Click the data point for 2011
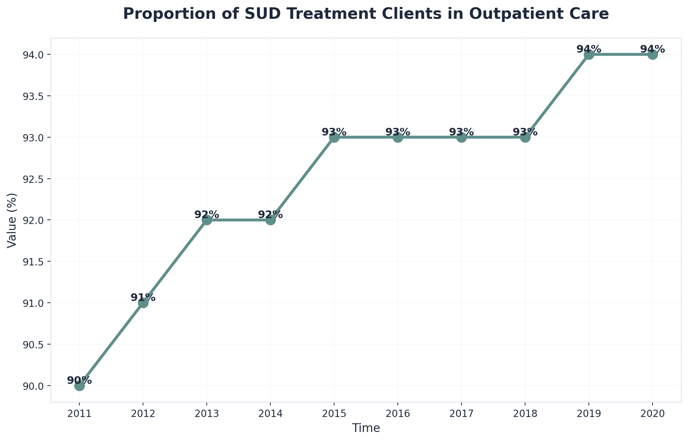pyautogui.click(x=79, y=386)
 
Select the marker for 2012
pyautogui.click(x=143, y=303)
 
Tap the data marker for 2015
pyautogui.click(x=334, y=137)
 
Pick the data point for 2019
pyautogui.click(x=589, y=55)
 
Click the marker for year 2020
pyautogui.click(x=653, y=55)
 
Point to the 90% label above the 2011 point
pyautogui.click(x=79, y=380)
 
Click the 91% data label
pyautogui.click(x=143, y=297)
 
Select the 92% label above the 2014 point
pyautogui.click(x=270, y=215)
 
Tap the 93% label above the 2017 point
pyautogui.click(x=461, y=132)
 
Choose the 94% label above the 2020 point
pyautogui.click(x=653, y=49)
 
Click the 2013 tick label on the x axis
pyautogui.click(x=207, y=414)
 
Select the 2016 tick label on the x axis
pyautogui.click(x=398, y=414)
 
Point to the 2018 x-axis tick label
pyautogui.click(x=525, y=414)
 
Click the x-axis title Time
pyautogui.click(x=366, y=428)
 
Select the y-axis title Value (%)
pyautogui.click(x=12, y=220)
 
